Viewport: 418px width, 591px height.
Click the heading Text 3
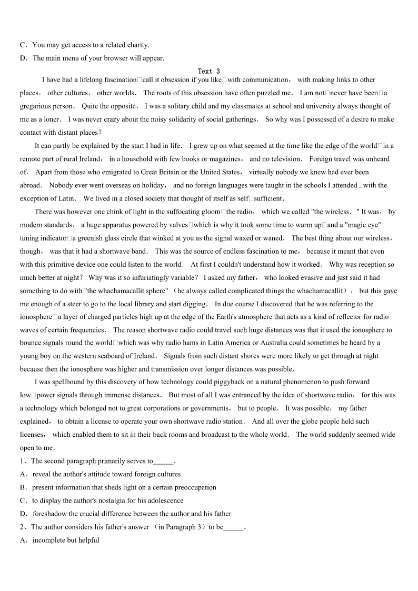[x=208, y=71]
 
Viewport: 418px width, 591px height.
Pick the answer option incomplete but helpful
[x=66, y=540]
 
